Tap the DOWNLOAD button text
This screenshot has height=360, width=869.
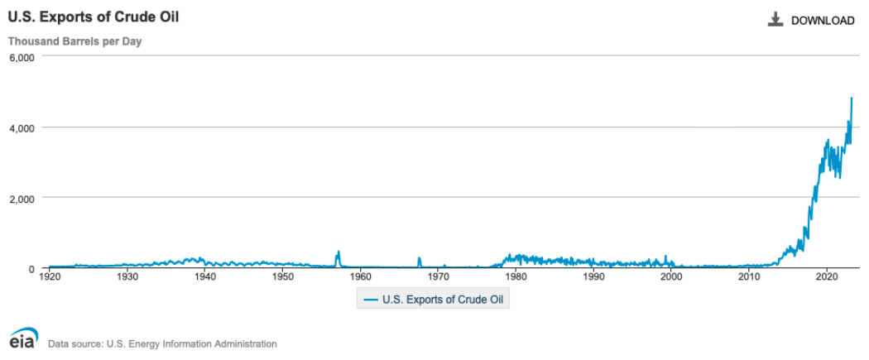click(823, 21)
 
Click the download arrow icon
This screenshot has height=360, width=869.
click(775, 20)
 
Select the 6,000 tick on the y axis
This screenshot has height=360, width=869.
click(20, 57)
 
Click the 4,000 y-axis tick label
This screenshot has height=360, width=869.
click(20, 127)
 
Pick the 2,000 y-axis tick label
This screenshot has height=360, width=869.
click(20, 198)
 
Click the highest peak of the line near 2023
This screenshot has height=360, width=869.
click(852, 98)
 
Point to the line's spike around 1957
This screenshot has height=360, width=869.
click(338, 252)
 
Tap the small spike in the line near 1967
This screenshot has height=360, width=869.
click(419, 258)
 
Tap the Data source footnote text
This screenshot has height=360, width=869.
click(162, 343)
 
